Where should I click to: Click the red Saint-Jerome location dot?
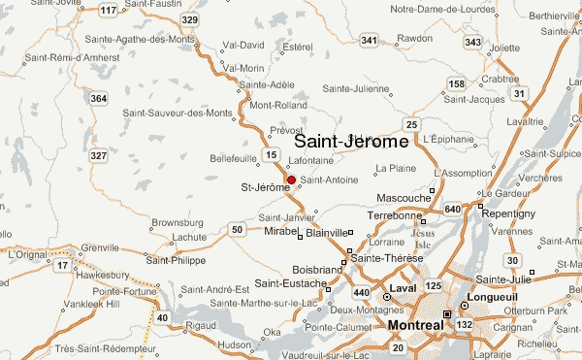pyautogui.click(x=291, y=180)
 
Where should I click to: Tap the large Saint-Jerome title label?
pyautogui.click(x=351, y=141)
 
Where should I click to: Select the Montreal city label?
pyautogui.click(x=415, y=325)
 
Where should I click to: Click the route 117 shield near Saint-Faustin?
pyautogui.click(x=110, y=11)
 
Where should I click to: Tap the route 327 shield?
pyautogui.click(x=97, y=156)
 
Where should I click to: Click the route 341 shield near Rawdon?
pyautogui.click(x=369, y=40)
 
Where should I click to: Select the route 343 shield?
pyautogui.click(x=473, y=42)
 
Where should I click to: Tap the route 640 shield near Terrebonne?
pyautogui.click(x=453, y=209)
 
